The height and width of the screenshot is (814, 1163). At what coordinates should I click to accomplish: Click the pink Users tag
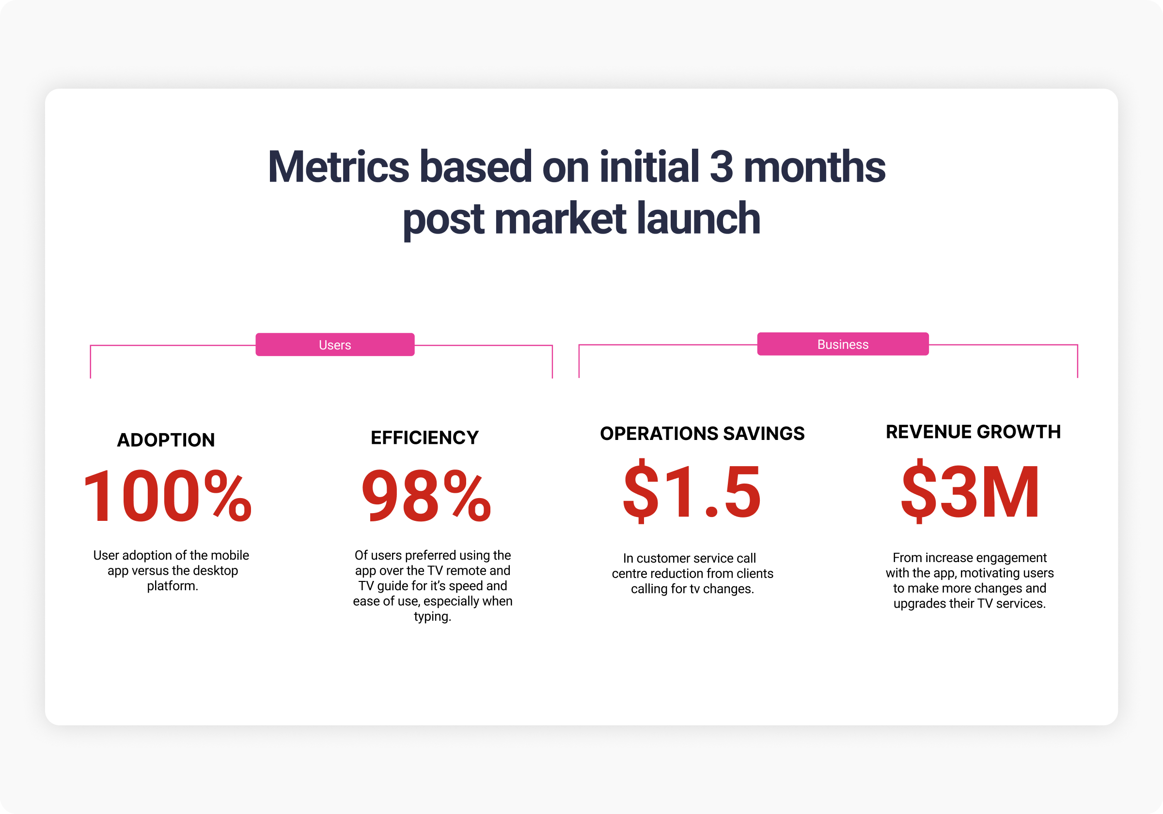(335, 344)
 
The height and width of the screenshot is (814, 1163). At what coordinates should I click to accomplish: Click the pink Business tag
(843, 344)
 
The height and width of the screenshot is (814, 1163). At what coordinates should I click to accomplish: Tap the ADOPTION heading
(166, 439)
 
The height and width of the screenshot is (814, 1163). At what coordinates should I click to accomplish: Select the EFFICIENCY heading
(424, 438)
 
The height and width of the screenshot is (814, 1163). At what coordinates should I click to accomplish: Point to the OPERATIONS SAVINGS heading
(702, 434)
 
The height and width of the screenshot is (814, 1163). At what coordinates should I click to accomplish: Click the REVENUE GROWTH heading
(973, 432)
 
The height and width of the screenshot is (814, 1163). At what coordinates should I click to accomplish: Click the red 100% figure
(167, 495)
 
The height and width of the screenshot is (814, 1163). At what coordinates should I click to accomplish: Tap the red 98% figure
(426, 495)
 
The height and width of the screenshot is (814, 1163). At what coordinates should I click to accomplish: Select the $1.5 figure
(692, 491)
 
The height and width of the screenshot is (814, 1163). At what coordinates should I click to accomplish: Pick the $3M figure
(971, 491)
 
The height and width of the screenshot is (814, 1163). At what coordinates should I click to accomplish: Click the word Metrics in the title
(338, 167)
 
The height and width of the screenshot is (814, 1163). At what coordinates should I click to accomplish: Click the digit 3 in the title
(722, 167)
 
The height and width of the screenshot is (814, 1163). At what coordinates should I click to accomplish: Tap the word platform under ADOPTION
(172, 586)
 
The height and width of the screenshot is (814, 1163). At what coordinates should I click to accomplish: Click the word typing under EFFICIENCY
(432, 616)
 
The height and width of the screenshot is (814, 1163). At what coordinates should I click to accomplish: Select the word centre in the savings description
(629, 573)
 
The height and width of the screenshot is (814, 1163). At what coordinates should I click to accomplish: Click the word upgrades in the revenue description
(917, 604)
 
